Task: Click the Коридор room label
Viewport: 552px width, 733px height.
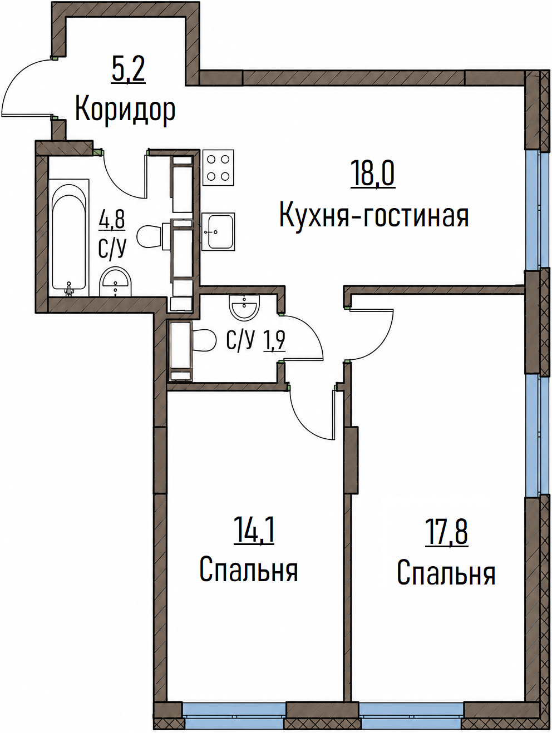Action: pyautogui.click(x=125, y=110)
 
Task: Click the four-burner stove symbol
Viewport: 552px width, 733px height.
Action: pyautogui.click(x=219, y=167)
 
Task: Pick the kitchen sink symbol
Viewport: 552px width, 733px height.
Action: pyautogui.click(x=219, y=232)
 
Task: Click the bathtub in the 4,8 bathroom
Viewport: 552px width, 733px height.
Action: pyautogui.click(x=69, y=237)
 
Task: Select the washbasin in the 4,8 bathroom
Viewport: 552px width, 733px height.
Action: pyautogui.click(x=116, y=281)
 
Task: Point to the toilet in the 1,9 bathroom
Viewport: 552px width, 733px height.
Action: pyautogui.click(x=204, y=340)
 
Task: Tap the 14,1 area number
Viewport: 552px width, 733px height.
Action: pyautogui.click(x=254, y=530)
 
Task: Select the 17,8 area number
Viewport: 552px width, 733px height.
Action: pyautogui.click(x=446, y=533)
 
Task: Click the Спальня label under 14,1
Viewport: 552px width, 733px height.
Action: pyautogui.click(x=249, y=569)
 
